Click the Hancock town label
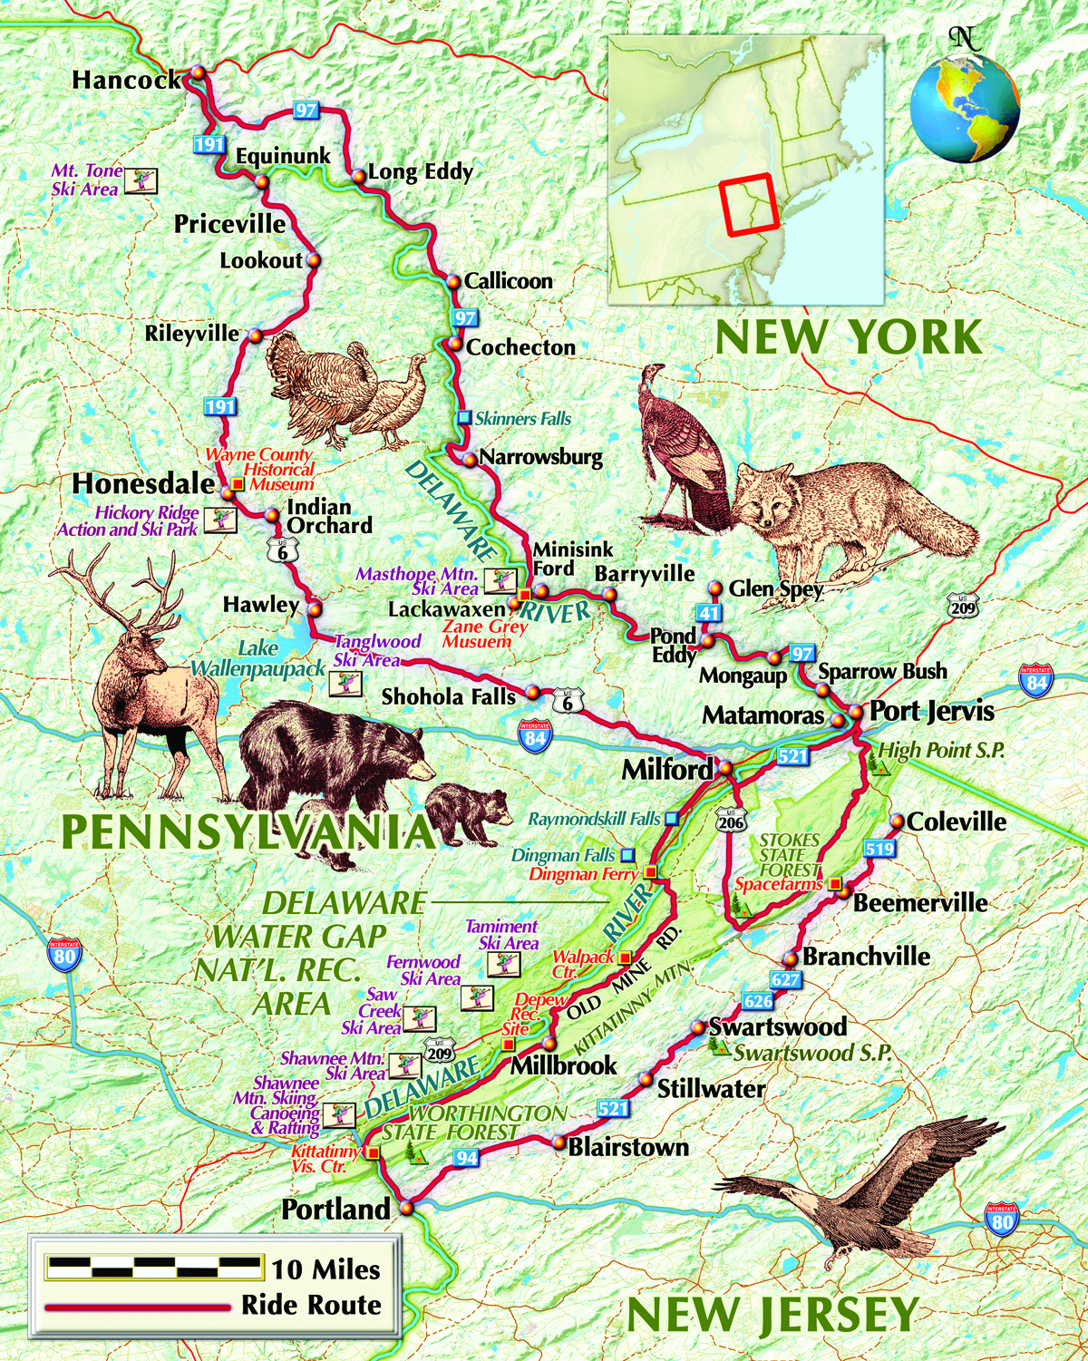click(x=127, y=80)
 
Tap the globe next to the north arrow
click(x=965, y=109)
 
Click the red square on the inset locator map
click(x=750, y=205)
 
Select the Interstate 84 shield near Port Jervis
click(x=1035, y=680)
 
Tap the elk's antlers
click(x=122, y=589)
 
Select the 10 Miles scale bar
click(x=154, y=1267)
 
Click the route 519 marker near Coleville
click(x=879, y=850)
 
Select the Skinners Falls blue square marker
click(x=464, y=418)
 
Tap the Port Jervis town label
click(x=931, y=712)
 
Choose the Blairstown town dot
click(x=559, y=1143)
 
